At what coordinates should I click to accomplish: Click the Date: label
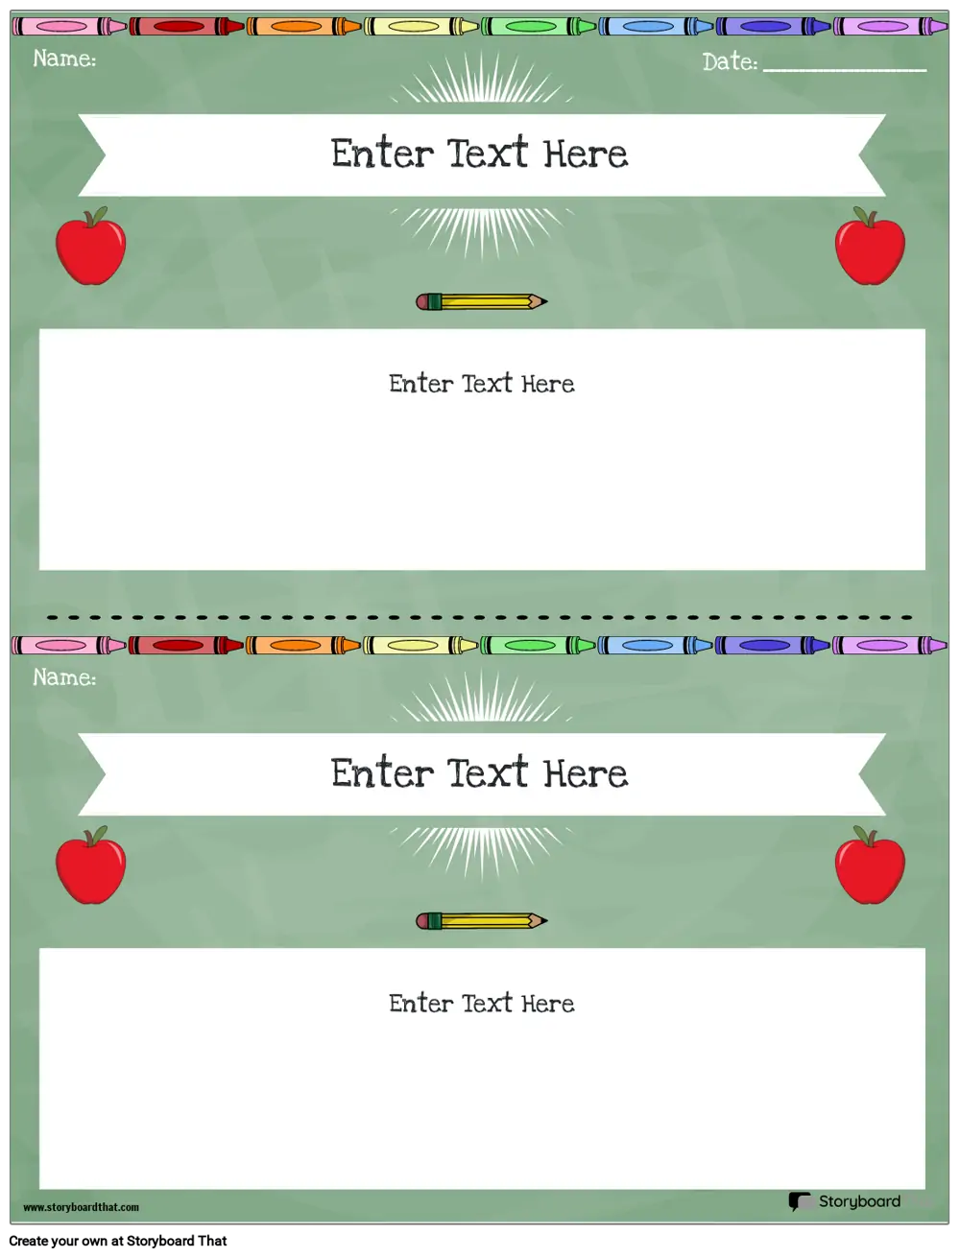tap(730, 61)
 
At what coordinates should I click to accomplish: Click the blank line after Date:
tap(845, 70)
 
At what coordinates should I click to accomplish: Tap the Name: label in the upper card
tap(64, 59)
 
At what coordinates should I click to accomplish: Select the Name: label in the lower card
tap(64, 677)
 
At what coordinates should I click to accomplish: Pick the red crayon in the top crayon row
tap(187, 26)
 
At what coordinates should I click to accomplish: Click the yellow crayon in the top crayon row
tap(421, 26)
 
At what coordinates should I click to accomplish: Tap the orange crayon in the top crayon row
tap(304, 26)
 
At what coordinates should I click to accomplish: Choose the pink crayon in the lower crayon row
tap(69, 646)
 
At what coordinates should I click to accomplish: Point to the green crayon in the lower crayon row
tap(538, 646)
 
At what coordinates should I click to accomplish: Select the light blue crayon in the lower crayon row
tap(655, 646)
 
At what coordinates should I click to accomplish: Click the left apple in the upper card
tap(90, 246)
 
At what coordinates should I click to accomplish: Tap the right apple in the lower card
tap(870, 865)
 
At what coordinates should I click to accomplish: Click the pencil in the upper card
tap(482, 302)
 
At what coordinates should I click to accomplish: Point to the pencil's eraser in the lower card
tap(423, 921)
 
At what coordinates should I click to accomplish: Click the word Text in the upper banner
tap(487, 153)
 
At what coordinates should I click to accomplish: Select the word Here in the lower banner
tap(586, 773)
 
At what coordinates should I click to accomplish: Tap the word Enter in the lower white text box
tap(421, 1004)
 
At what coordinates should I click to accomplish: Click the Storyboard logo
tap(845, 1201)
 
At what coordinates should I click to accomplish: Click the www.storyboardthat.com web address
tap(81, 1206)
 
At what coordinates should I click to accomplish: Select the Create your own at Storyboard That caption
tap(118, 1241)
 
